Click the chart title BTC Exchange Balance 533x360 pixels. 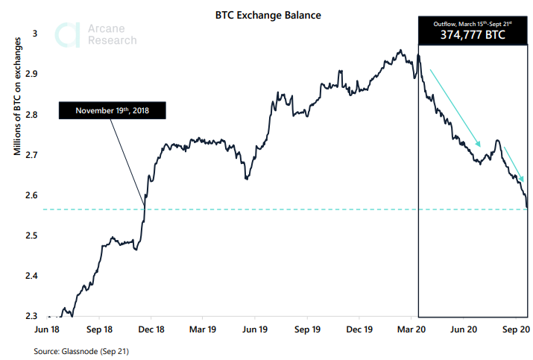click(x=268, y=14)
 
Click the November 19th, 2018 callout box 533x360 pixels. click(x=112, y=111)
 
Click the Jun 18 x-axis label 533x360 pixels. click(x=48, y=329)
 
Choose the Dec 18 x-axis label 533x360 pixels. click(x=151, y=329)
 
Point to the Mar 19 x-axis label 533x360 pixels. click(x=203, y=329)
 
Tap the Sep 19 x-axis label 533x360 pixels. click(x=307, y=329)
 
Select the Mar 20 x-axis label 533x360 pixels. click(x=411, y=329)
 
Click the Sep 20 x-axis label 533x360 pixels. click(x=514, y=329)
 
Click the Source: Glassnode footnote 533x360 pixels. click(x=86, y=350)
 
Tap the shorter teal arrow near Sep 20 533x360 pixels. click(x=514, y=164)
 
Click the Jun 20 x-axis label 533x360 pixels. click(x=464, y=329)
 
